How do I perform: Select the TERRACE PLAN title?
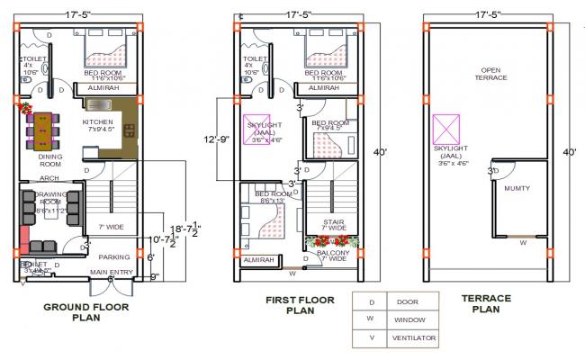486,303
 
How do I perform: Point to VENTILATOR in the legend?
414,337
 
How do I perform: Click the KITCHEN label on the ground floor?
98,121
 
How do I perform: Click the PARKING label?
114,256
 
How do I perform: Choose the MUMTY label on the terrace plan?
517,188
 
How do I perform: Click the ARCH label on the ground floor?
49,178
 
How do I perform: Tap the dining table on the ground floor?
42,130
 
